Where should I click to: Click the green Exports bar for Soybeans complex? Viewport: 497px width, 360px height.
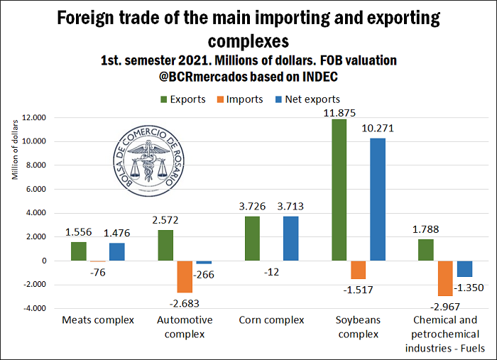point(340,190)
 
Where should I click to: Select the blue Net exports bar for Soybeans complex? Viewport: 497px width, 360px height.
point(377,200)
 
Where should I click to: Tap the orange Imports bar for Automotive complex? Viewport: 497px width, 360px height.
point(185,276)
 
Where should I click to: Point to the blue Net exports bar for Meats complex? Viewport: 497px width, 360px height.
point(116,251)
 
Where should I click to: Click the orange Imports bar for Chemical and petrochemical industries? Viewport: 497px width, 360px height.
point(444,278)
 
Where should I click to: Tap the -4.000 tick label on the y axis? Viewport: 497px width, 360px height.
point(33,308)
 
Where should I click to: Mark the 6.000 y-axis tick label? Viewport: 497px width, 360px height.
point(35,189)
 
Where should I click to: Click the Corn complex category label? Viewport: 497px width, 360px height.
point(271,320)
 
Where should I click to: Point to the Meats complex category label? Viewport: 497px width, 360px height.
point(98,320)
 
